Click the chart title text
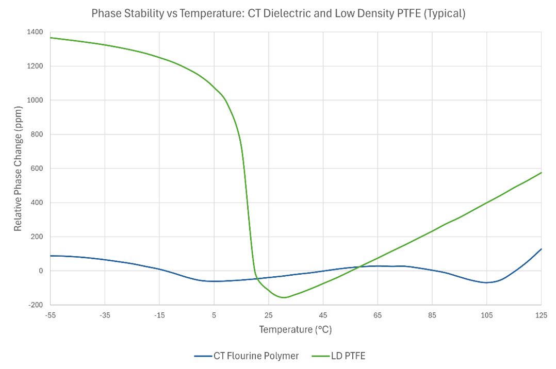[x=278, y=14]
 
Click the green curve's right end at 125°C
[x=541, y=173]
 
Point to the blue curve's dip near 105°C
[x=486, y=282]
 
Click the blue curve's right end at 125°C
[x=541, y=249]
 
